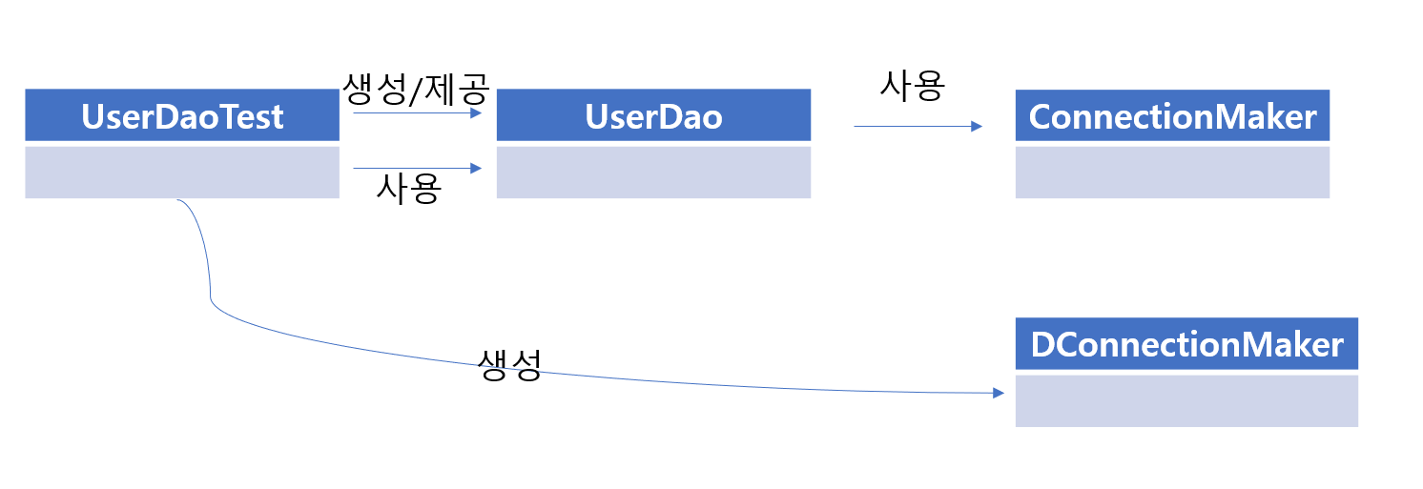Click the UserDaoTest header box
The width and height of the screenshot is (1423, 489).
pyautogui.click(x=182, y=115)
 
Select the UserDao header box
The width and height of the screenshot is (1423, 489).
pyautogui.click(x=653, y=115)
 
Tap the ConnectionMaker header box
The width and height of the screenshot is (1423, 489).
pyautogui.click(x=1172, y=115)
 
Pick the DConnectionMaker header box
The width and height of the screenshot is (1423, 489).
pyautogui.click(x=1186, y=344)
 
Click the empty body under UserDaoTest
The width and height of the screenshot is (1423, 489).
pyautogui.click(x=182, y=172)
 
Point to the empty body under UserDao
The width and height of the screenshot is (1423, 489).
pyautogui.click(x=653, y=172)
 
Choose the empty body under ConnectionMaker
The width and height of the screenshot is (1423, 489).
pyautogui.click(x=1172, y=172)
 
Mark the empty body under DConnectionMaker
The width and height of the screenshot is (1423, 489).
pyautogui.click(x=1186, y=400)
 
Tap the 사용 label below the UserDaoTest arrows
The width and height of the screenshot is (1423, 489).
pyautogui.click(x=408, y=189)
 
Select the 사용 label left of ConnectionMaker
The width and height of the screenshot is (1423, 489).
pyautogui.click(x=912, y=86)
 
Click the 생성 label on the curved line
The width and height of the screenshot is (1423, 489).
pyautogui.click(x=509, y=365)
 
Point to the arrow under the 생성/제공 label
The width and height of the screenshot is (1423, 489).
pyautogui.click(x=418, y=112)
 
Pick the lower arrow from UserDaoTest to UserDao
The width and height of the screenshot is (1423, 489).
pyautogui.click(x=418, y=169)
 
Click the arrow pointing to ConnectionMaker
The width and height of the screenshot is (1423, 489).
pyautogui.click(x=918, y=126)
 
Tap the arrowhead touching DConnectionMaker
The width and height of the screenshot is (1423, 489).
pyautogui.click(x=999, y=393)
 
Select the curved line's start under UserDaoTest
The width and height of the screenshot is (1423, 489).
pyautogui.click(x=179, y=201)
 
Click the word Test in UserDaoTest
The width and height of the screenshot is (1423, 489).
pyautogui.click(x=249, y=116)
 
